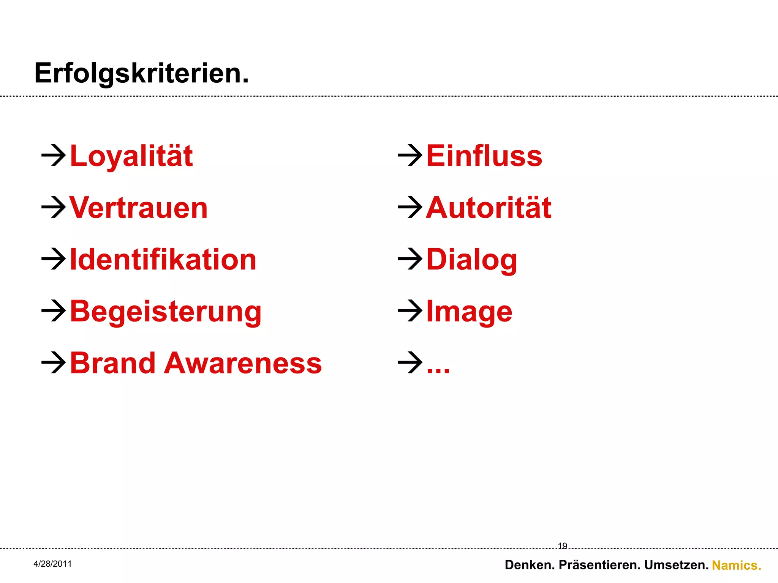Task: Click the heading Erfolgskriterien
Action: coord(141,73)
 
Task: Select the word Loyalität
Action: coord(131,156)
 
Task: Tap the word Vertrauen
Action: coord(139,208)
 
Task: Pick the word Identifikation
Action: coord(163,260)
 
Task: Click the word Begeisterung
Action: coord(166,312)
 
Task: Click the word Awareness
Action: coord(243,363)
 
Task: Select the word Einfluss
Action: coord(484,156)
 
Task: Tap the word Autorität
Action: coord(489,208)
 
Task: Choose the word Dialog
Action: coord(472,260)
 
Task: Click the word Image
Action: coord(469,312)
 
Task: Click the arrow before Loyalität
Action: coord(54,155)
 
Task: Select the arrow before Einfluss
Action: coord(410,155)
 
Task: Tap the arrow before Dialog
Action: coord(410,259)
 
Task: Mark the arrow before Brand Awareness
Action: coord(54,362)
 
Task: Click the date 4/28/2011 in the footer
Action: coord(52,564)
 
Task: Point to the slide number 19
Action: coord(562,546)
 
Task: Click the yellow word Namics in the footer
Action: coord(736,565)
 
